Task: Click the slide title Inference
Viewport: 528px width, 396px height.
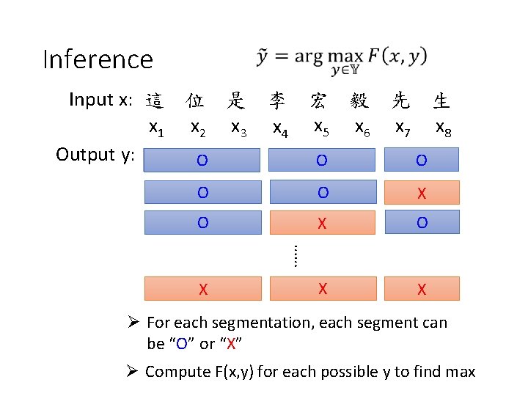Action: coord(98,59)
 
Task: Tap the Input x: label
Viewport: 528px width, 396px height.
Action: coord(101,100)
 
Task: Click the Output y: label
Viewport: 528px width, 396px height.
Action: coord(95,155)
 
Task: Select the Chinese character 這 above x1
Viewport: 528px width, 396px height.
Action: coord(154,100)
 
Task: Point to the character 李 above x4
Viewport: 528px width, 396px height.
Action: coord(277,100)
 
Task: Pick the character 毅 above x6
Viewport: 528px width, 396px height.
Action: coord(359,100)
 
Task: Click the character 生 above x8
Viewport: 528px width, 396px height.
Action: coord(441,100)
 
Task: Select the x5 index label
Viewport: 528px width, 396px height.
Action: coord(320,128)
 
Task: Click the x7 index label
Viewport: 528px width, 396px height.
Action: coord(403,128)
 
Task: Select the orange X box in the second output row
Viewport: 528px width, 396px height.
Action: coord(422,193)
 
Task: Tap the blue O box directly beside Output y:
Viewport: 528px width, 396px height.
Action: coord(202,160)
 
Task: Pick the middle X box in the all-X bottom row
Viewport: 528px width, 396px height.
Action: coord(323,289)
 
